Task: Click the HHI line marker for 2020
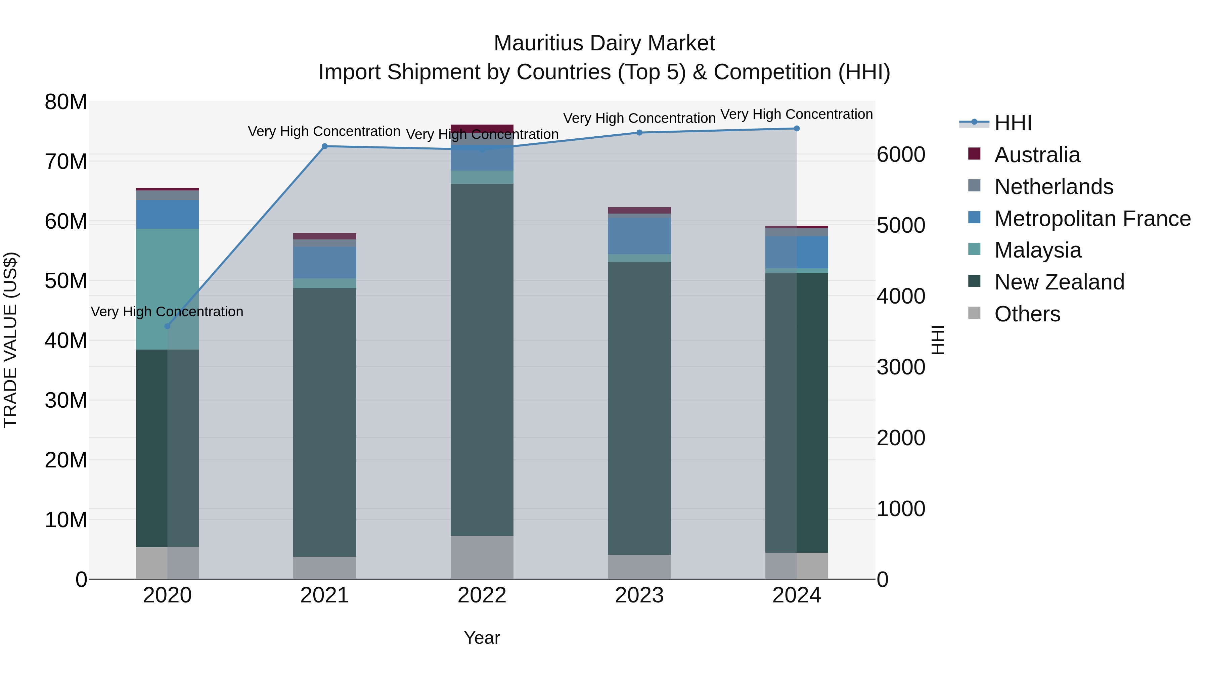point(168,326)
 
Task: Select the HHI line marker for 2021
point(325,146)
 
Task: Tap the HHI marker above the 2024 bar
point(797,129)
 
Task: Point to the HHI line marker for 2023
point(639,133)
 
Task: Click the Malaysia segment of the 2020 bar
point(168,288)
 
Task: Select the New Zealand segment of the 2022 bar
point(482,359)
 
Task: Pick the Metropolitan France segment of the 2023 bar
point(639,236)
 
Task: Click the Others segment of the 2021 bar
point(325,568)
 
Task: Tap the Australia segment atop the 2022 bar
point(482,128)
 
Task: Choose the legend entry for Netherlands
point(1054,187)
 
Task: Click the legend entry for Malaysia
point(1038,250)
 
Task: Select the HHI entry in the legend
point(1013,123)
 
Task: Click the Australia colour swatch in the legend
point(974,154)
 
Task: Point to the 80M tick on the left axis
point(66,102)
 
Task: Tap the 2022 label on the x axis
point(482,595)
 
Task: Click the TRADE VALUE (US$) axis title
point(10,340)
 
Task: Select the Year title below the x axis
point(482,638)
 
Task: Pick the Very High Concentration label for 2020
point(167,312)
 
